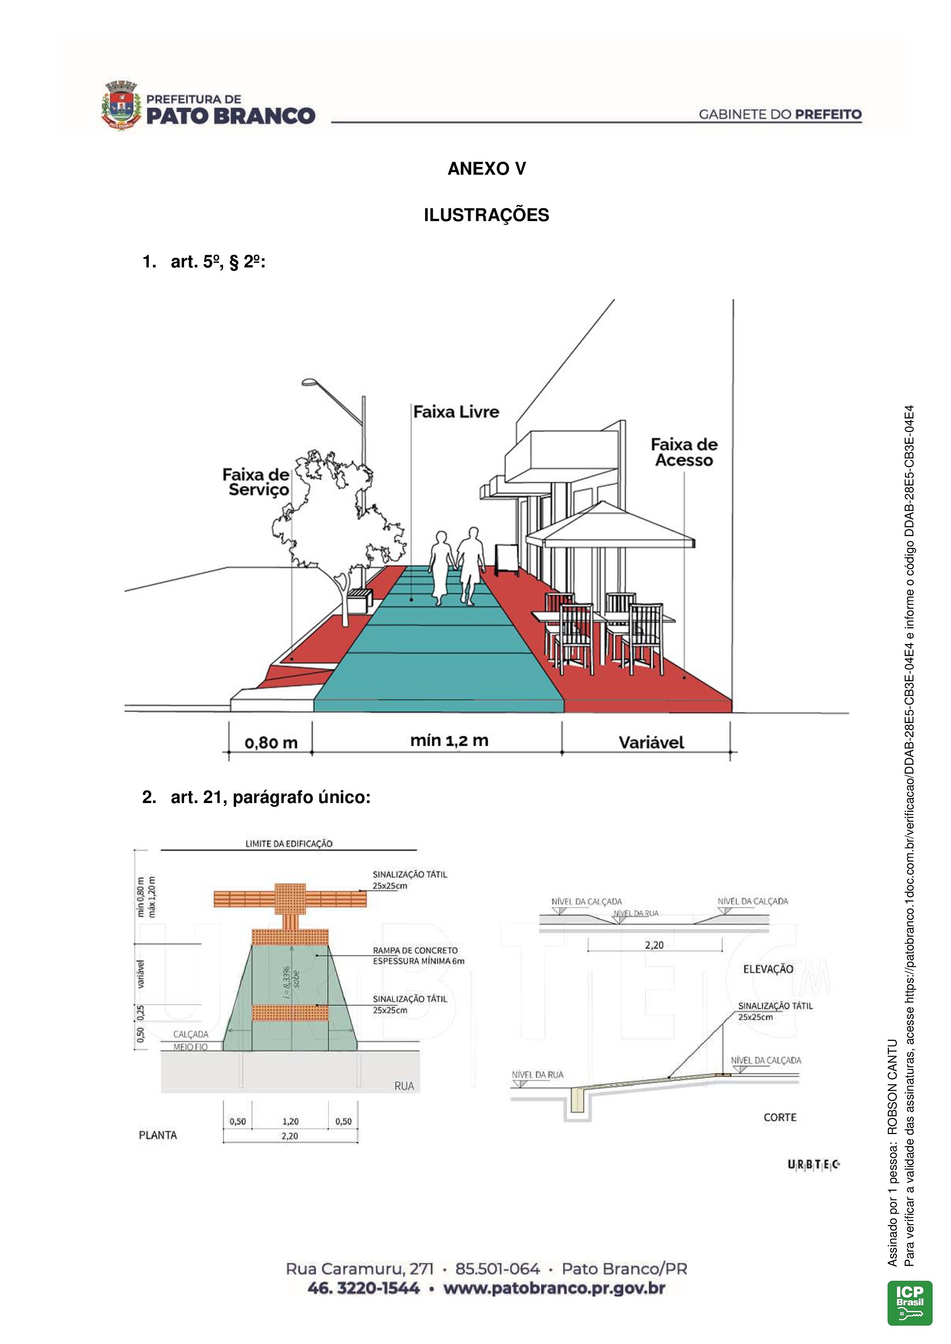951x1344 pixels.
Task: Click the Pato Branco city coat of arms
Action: (x=121, y=105)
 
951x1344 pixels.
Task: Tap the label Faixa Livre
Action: (x=456, y=412)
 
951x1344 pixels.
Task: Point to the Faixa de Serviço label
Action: (x=256, y=482)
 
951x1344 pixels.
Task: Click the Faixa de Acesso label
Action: (x=684, y=452)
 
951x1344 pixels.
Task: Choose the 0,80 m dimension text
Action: (x=271, y=743)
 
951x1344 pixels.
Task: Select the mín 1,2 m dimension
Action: (x=449, y=741)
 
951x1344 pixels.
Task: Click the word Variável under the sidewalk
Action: (x=651, y=743)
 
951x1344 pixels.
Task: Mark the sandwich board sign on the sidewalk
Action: (x=506, y=559)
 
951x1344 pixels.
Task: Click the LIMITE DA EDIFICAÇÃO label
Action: (x=289, y=844)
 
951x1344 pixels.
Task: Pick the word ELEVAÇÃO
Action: (x=768, y=969)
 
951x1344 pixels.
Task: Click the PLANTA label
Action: (x=158, y=1135)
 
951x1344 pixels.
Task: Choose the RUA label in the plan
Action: (x=404, y=1086)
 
